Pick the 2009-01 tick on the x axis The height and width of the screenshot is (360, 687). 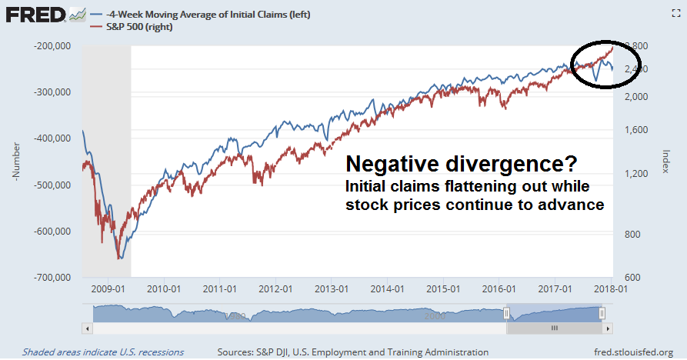click(108, 290)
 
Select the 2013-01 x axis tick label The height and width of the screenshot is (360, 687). click(331, 290)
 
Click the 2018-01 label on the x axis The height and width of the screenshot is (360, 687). click(610, 290)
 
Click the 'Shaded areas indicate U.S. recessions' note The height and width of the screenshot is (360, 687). click(103, 352)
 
